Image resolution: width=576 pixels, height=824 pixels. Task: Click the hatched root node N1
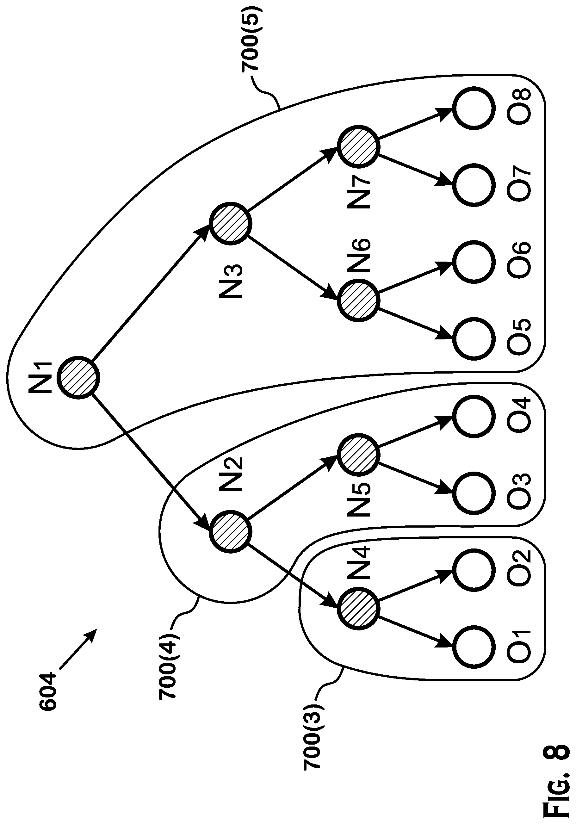tap(78, 378)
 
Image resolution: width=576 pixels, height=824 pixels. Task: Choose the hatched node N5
tap(358, 455)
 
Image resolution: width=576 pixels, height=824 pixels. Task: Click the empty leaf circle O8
tap(474, 108)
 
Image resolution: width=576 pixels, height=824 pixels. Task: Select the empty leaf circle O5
tap(474, 339)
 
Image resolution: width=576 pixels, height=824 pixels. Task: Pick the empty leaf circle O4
tap(474, 416)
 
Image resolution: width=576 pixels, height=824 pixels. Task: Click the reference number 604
tap(48, 691)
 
